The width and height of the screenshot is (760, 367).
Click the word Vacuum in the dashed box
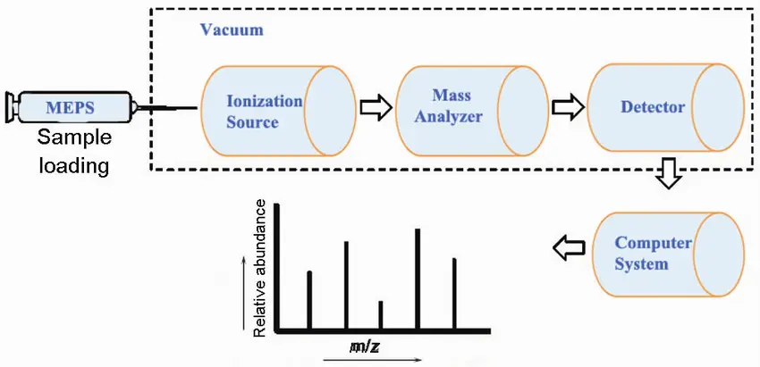click(x=232, y=30)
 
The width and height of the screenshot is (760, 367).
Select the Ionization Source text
click(x=264, y=112)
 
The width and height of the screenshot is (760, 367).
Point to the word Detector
click(x=653, y=106)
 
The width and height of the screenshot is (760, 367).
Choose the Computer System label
click(x=653, y=254)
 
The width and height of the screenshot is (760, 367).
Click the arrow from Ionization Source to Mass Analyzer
click(x=376, y=108)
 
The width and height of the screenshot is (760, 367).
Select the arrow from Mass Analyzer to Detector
click(x=569, y=107)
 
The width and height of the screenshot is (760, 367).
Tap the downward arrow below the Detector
click(x=669, y=173)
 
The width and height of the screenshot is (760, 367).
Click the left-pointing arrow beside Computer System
click(x=569, y=248)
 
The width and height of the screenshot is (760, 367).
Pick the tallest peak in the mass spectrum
click(x=418, y=279)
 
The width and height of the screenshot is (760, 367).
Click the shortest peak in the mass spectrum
click(x=381, y=316)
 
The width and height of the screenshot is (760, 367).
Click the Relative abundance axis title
click(x=260, y=268)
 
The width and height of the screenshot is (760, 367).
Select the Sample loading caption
click(x=74, y=152)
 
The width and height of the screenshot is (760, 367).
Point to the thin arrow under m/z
click(x=372, y=360)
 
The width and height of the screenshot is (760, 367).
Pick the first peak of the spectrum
click(x=309, y=301)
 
